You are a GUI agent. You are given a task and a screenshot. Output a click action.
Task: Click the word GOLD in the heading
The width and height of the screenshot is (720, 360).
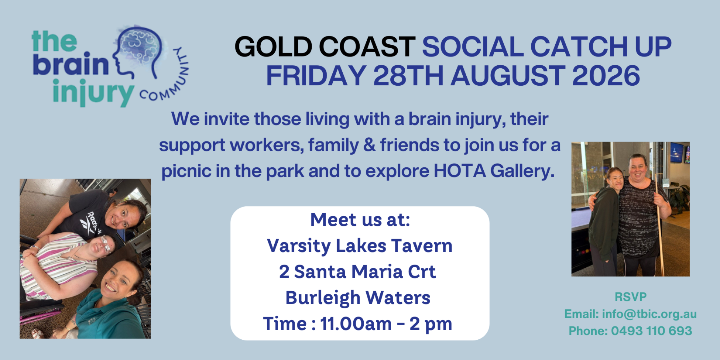tap(274, 47)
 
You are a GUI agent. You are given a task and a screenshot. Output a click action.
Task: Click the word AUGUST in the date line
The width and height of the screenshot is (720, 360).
tap(508, 76)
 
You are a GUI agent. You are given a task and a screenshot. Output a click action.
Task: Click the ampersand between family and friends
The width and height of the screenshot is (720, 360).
tap(369, 145)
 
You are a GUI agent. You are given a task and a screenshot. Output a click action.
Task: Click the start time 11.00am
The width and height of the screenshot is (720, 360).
tap(356, 324)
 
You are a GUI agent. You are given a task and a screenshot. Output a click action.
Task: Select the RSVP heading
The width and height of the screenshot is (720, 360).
tap(631, 297)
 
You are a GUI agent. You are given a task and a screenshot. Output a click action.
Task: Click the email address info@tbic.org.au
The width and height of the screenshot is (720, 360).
tap(649, 314)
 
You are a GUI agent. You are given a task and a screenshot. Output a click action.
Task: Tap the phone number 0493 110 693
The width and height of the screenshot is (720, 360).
tap(652, 331)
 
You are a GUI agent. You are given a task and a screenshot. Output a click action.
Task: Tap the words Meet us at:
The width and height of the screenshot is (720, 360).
tap(360, 220)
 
